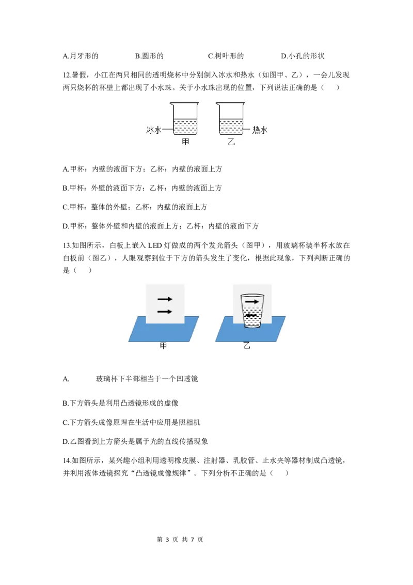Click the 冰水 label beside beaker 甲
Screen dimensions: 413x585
click(x=153, y=130)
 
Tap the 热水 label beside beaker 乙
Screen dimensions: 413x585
click(x=260, y=130)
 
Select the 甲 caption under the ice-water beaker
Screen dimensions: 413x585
click(x=185, y=142)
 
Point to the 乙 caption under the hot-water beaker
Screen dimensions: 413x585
click(x=231, y=142)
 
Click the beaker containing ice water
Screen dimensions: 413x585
click(x=185, y=118)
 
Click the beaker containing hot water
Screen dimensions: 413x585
click(x=231, y=118)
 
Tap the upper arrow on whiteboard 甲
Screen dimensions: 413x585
click(x=165, y=299)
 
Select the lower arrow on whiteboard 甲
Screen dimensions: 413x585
click(x=165, y=311)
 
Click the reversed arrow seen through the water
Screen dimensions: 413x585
click(x=251, y=316)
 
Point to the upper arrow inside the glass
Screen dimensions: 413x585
click(x=252, y=301)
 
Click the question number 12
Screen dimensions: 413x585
click(x=67, y=75)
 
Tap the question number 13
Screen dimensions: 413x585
click(x=67, y=245)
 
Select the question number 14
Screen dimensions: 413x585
click(x=67, y=461)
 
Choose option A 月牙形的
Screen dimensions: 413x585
click(x=81, y=56)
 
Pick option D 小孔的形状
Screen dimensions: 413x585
click(x=303, y=56)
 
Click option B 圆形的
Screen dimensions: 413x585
click(x=149, y=56)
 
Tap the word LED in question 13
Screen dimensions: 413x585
click(x=155, y=245)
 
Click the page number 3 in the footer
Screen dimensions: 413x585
click(x=167, y=540)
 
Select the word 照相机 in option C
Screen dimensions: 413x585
click(x=189, y=422)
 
